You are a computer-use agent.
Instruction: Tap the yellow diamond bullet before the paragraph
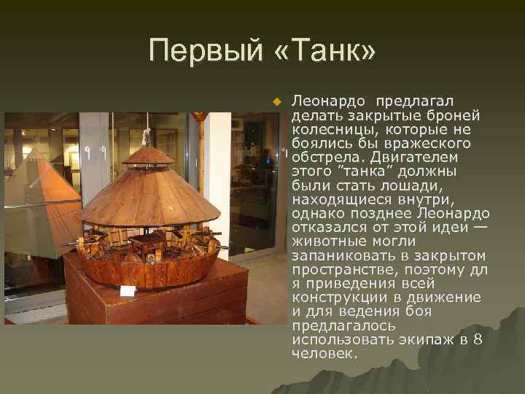pyautogui.click(x=276, y=101)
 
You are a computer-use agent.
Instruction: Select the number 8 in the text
pyautogui.click(x=477, y=340)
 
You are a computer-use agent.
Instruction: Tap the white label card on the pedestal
pyautogui.click(x=128, y=291)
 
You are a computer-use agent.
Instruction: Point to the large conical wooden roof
pyautogui.click(x=149, y=193)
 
